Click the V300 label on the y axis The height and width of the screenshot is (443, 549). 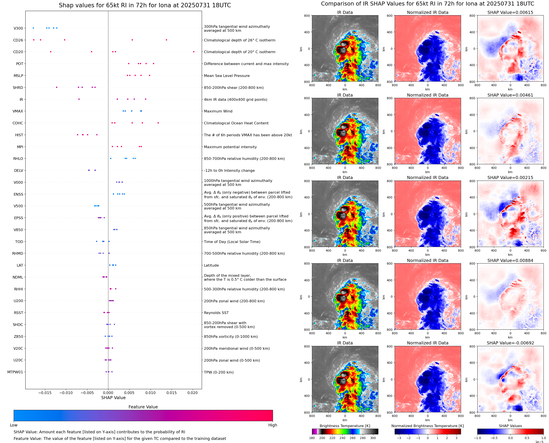18,28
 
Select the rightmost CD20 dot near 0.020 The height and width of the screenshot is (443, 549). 194,52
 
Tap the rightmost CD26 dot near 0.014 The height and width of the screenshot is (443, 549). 166,40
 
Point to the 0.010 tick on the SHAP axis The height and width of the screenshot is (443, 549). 150,393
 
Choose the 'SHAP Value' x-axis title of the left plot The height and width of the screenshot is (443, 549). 113,398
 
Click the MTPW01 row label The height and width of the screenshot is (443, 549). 15,372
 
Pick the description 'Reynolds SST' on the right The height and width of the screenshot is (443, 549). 216,313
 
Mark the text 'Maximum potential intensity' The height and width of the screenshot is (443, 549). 230,147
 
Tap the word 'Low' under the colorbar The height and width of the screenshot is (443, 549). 13,425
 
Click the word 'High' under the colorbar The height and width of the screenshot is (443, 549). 273,425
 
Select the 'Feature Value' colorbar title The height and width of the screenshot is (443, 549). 143,407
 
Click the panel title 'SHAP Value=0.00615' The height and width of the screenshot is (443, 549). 510,13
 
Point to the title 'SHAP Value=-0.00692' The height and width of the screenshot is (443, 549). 510,343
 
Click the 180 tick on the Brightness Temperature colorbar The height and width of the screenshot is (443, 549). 312,438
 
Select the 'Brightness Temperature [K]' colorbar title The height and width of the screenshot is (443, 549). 345,426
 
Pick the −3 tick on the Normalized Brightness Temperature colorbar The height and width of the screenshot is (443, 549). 399,438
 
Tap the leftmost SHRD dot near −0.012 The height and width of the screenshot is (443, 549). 57,87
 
